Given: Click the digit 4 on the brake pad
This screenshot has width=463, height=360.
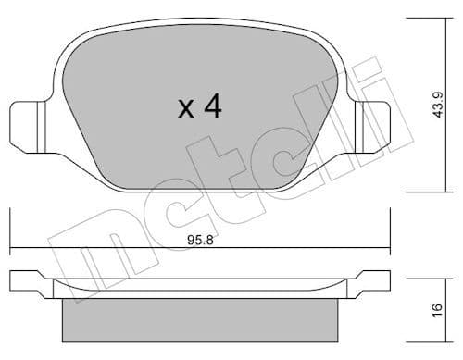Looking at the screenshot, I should point(212,107).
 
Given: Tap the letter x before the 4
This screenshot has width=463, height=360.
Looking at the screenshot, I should point(185,110).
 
